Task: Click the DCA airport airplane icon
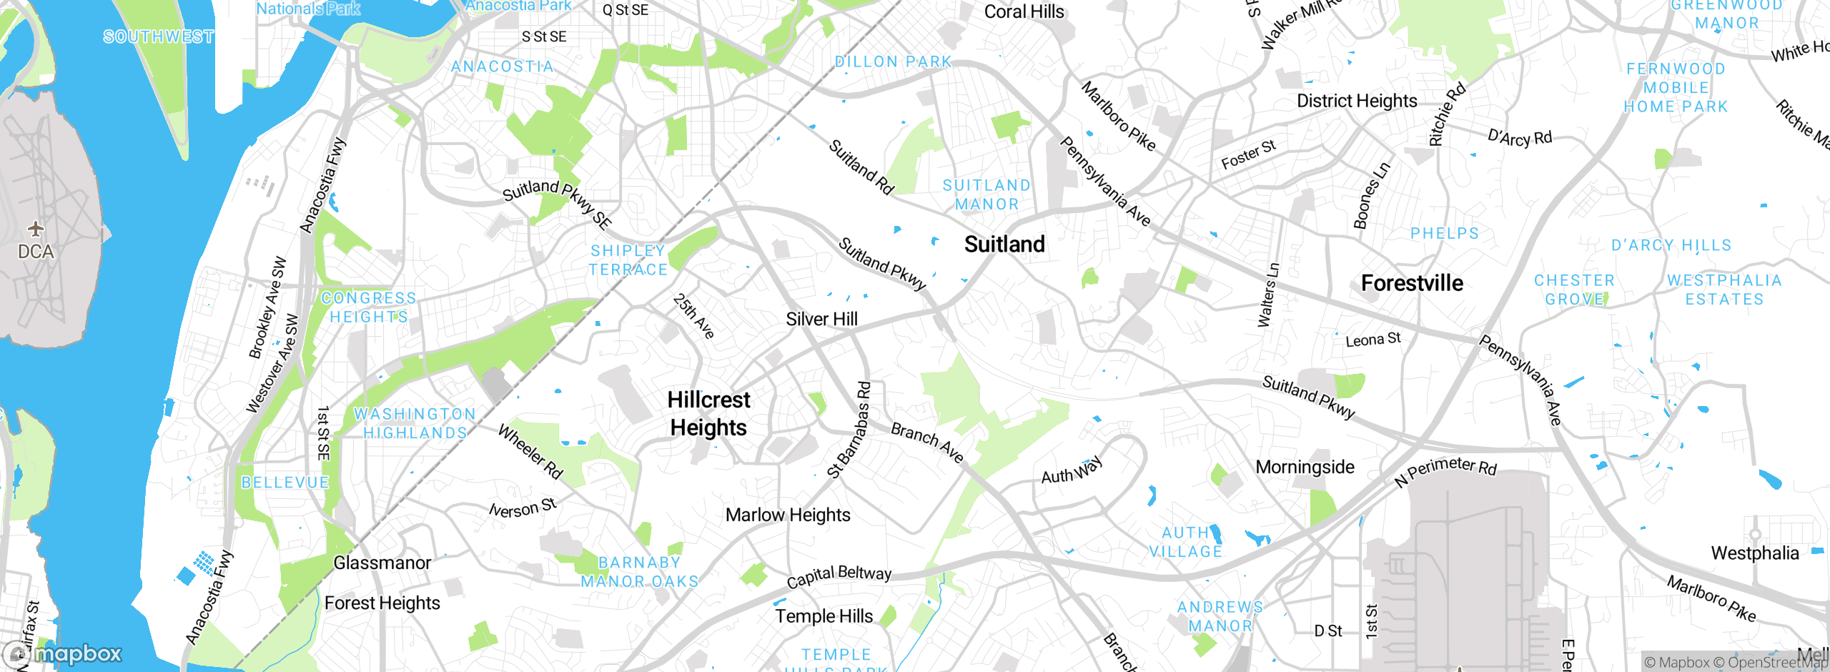coord(36,229)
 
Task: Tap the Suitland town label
coord(1004,244)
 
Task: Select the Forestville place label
coord(1412,283)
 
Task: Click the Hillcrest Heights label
coord(708,413)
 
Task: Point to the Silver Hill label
coord(821,319)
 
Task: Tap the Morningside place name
coord(1305,467)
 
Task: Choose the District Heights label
coord(1357,101)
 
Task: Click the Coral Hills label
coord(1024,11)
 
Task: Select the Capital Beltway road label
coord(839,575)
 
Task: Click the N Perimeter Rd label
coord(1445,470)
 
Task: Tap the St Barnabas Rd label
coord(850,430)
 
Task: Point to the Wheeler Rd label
coord(530,452)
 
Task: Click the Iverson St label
coord(523,508)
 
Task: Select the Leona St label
coord(1372,340)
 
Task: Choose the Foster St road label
coord(1248,155)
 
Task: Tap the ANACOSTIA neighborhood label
coord(503,66)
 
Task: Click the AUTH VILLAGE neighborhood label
coord(1185,542)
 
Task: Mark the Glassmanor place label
coord(382,563)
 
